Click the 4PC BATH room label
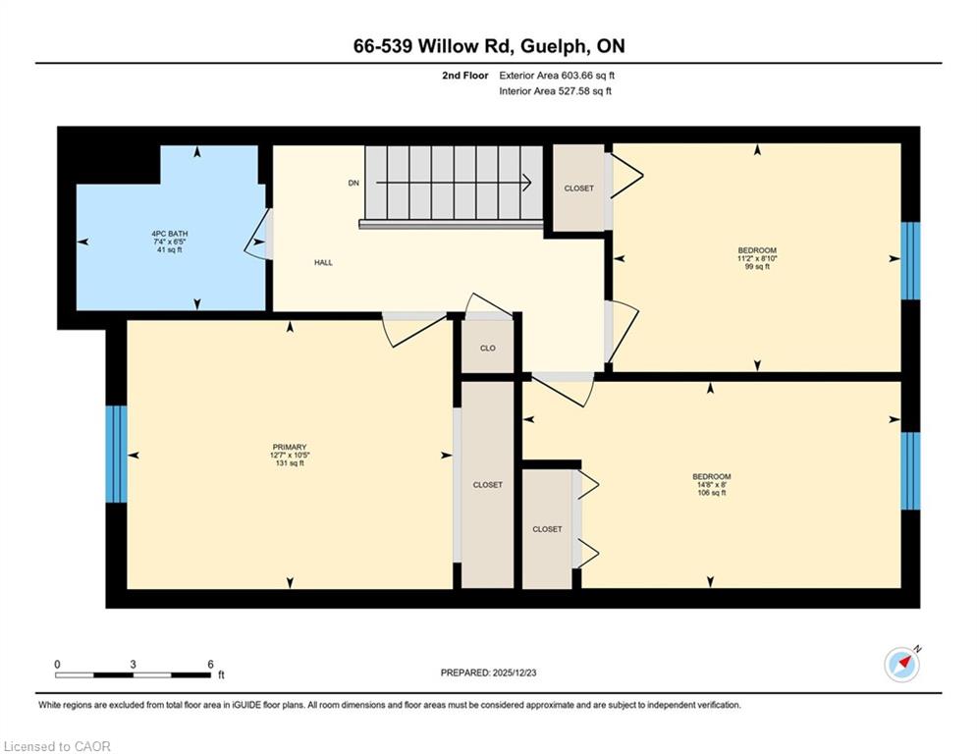coord(170,235)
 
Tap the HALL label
coord(323,263)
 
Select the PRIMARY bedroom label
coord(290,447)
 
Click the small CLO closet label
coord(488,349)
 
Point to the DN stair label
coord(353,184)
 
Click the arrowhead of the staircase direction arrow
coord(527,183)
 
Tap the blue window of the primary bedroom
coord(116,455)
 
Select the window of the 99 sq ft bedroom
coord(910,260)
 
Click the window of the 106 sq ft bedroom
coord(910,470)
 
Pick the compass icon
coord(902,665)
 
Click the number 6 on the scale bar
coord(210,665)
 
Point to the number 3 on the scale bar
coord(133,665)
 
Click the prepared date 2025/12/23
coord(515,673)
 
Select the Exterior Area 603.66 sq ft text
coord(557,76)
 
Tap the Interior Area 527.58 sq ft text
coord(555,91)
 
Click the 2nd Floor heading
coord(465,76)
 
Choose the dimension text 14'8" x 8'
coord(712,485)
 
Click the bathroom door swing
coord(256,235)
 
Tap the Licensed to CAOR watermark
coord(57,746)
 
